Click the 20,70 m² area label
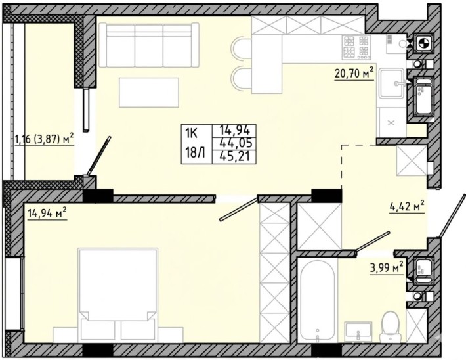coord(354,73)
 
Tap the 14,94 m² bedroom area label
coord(47,214)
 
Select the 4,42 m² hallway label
coord(407,206)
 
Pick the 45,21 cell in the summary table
coord(234,156)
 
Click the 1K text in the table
coord(191,133)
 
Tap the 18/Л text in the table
coord(195,154)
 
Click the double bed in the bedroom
coord(118,294)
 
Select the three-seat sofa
coord(148,45)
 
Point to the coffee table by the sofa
coord(149,92)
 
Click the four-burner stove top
coord(356,47)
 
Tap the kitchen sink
coord(392,83)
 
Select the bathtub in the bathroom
coord(317,301)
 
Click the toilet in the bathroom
coord(391,326)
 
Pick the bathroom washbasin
coord(358,332)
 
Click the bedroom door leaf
coord(238,209)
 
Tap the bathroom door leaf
coord(373,241)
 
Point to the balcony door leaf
coord(99,156)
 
